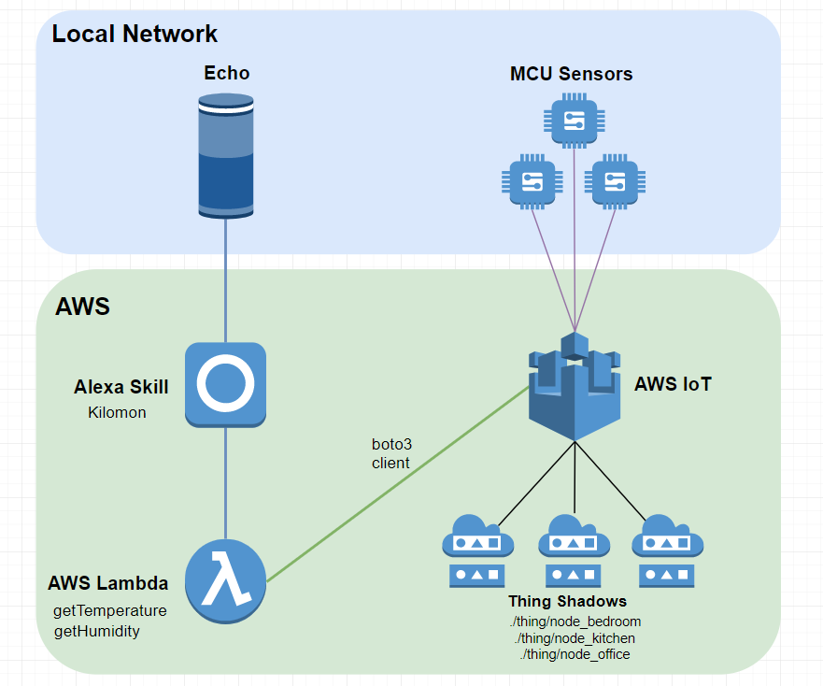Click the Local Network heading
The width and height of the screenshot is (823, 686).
135,35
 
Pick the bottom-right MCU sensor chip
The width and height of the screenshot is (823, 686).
614,180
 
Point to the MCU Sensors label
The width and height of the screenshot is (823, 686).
571,74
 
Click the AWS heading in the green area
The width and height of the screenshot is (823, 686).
82,306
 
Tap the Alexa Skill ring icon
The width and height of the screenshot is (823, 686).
225,383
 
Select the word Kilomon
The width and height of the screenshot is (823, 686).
117,412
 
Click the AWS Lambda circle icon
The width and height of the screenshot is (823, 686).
225,581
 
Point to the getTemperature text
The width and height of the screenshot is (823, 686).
110,610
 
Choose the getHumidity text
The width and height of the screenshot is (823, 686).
97,631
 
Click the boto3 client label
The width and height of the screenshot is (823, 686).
390,453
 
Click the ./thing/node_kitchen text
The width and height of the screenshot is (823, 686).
575,637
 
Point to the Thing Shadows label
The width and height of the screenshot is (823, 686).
567,601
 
